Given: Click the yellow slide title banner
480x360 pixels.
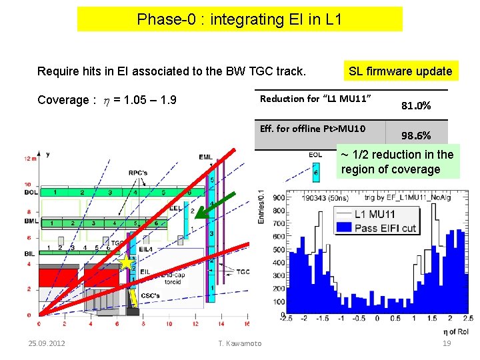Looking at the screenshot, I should (x=239, y=19).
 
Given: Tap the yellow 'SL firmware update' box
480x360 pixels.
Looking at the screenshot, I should (x=400, y=71).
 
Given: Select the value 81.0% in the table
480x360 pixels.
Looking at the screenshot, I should (x=416, y=105).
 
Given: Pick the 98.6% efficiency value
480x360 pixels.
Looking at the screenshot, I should (x=416, y=135).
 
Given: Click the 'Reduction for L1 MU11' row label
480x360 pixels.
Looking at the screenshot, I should (x=315, y=99).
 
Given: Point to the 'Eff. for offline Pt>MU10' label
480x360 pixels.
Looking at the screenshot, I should (x=313, y=129).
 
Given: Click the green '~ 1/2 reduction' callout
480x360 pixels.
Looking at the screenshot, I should (x=397, y=162).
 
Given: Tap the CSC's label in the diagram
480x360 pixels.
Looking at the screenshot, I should (x=150, y=295).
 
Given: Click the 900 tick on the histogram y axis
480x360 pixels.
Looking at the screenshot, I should (x=279, y=197).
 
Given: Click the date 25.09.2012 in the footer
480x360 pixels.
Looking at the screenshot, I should (x=47, y=343).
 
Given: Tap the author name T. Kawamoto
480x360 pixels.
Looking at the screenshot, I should (x=240, y=343).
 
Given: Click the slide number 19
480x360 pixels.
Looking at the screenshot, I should (x=447, y=343).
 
